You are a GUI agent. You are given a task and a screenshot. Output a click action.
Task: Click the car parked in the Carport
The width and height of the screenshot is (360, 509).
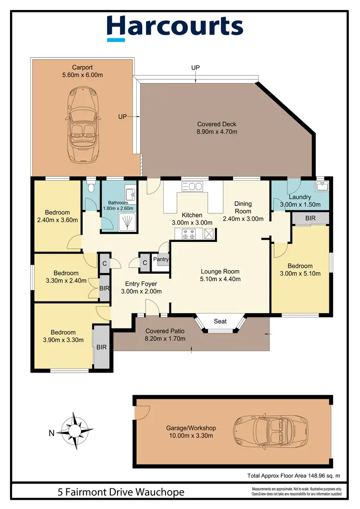tap(83, 117)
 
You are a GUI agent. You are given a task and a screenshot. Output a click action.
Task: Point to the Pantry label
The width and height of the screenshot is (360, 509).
tap(161, 260)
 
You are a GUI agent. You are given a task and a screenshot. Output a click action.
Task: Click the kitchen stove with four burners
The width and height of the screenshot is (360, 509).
tap(188, 234)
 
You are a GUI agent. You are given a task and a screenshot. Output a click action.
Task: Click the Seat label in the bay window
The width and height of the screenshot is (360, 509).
tap(220, 322)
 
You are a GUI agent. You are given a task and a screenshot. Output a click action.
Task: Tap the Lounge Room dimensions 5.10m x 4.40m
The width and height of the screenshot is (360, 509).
tap(220, 279)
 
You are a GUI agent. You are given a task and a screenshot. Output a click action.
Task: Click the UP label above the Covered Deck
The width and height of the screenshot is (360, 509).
tap(195, 68)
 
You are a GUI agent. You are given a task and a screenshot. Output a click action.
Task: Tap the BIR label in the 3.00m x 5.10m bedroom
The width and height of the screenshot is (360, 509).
tap(310, 218)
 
